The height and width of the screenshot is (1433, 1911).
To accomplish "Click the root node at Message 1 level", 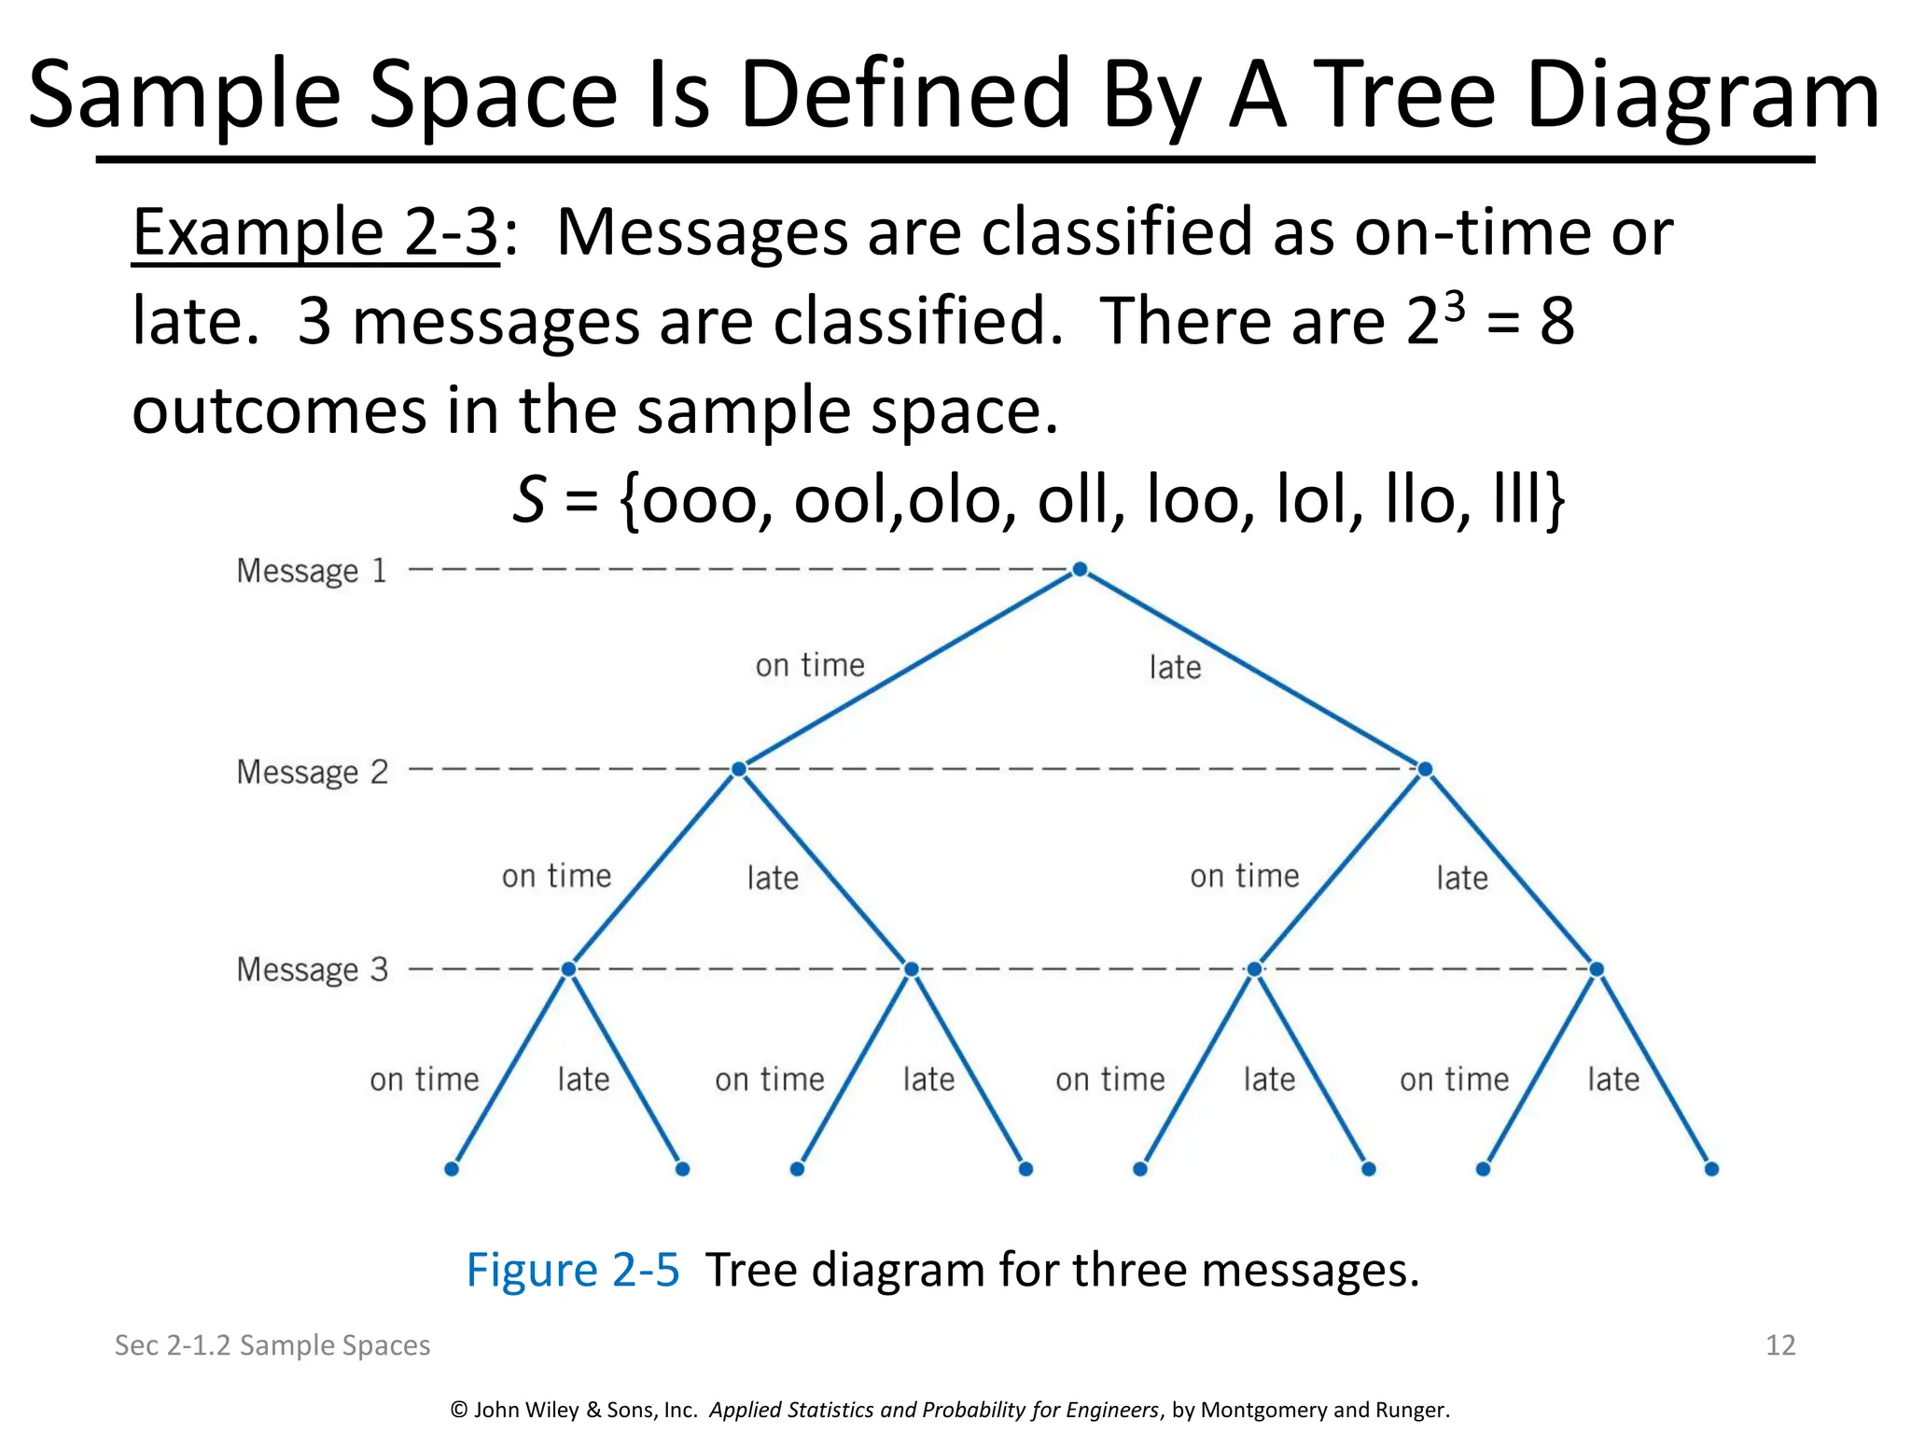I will (x=1080, y=569).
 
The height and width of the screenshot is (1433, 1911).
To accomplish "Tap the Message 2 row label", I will (x=312, y=772).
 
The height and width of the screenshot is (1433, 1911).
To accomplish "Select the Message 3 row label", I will (x=312, y=970).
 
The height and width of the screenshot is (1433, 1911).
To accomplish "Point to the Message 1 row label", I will (x=312, y=571).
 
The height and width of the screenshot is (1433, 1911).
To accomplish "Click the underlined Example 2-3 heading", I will (x=315, y=233).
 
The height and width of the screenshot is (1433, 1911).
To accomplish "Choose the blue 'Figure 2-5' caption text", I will (x=573, y=1271).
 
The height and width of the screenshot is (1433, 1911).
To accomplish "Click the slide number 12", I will (x=1780, y=1345).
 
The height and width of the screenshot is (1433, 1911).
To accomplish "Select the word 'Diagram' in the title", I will (x=1702, y=95).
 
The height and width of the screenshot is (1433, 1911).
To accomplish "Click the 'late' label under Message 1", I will (x=1175, y=668).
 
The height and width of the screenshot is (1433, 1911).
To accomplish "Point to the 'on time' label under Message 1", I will (x=810, y=666).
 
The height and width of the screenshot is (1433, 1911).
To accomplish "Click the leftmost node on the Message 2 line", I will (x=739, y=770).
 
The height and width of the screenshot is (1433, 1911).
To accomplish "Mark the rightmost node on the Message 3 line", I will (x=1597, y=970).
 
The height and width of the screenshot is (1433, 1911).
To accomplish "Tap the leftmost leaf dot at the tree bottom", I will (x=452, y=1169).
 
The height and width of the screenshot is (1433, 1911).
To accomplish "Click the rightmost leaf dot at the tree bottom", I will (x=1711, y=1169).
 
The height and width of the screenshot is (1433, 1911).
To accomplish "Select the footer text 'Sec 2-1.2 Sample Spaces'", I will (x=272, y=1345).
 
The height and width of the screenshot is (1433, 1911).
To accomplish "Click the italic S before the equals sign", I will (x=529, y=500).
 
